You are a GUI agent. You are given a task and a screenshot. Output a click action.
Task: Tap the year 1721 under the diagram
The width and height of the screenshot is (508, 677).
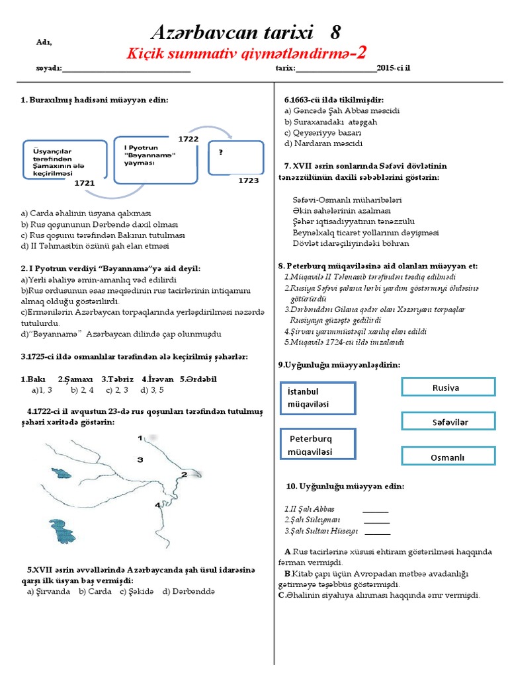coord(85,182)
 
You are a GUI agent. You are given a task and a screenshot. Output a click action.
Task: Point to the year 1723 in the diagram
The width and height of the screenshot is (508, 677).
coord(248,180)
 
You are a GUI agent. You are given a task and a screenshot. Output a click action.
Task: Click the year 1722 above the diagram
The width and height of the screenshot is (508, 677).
coord(188,138)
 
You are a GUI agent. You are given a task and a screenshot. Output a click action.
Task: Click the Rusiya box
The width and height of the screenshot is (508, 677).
coord(448,387)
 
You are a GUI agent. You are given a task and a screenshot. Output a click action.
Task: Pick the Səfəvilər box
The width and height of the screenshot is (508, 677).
coord(448,421)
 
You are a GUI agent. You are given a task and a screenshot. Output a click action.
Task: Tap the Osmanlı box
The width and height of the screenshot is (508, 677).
coord(448,457)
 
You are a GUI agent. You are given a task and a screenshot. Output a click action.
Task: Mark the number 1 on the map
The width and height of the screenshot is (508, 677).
coord(140,438)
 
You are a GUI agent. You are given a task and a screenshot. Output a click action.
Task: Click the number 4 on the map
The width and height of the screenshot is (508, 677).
coord(157,505)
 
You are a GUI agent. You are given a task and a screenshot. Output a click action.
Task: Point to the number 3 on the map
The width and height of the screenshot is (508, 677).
coord(140,459)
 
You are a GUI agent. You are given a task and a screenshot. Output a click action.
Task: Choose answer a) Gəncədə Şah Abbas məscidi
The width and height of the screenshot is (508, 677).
coord(341,111)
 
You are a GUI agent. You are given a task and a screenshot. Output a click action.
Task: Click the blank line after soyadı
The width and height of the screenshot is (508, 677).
coord(126,69)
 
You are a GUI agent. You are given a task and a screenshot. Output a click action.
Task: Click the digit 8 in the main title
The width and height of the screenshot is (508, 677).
coord(335,32)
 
